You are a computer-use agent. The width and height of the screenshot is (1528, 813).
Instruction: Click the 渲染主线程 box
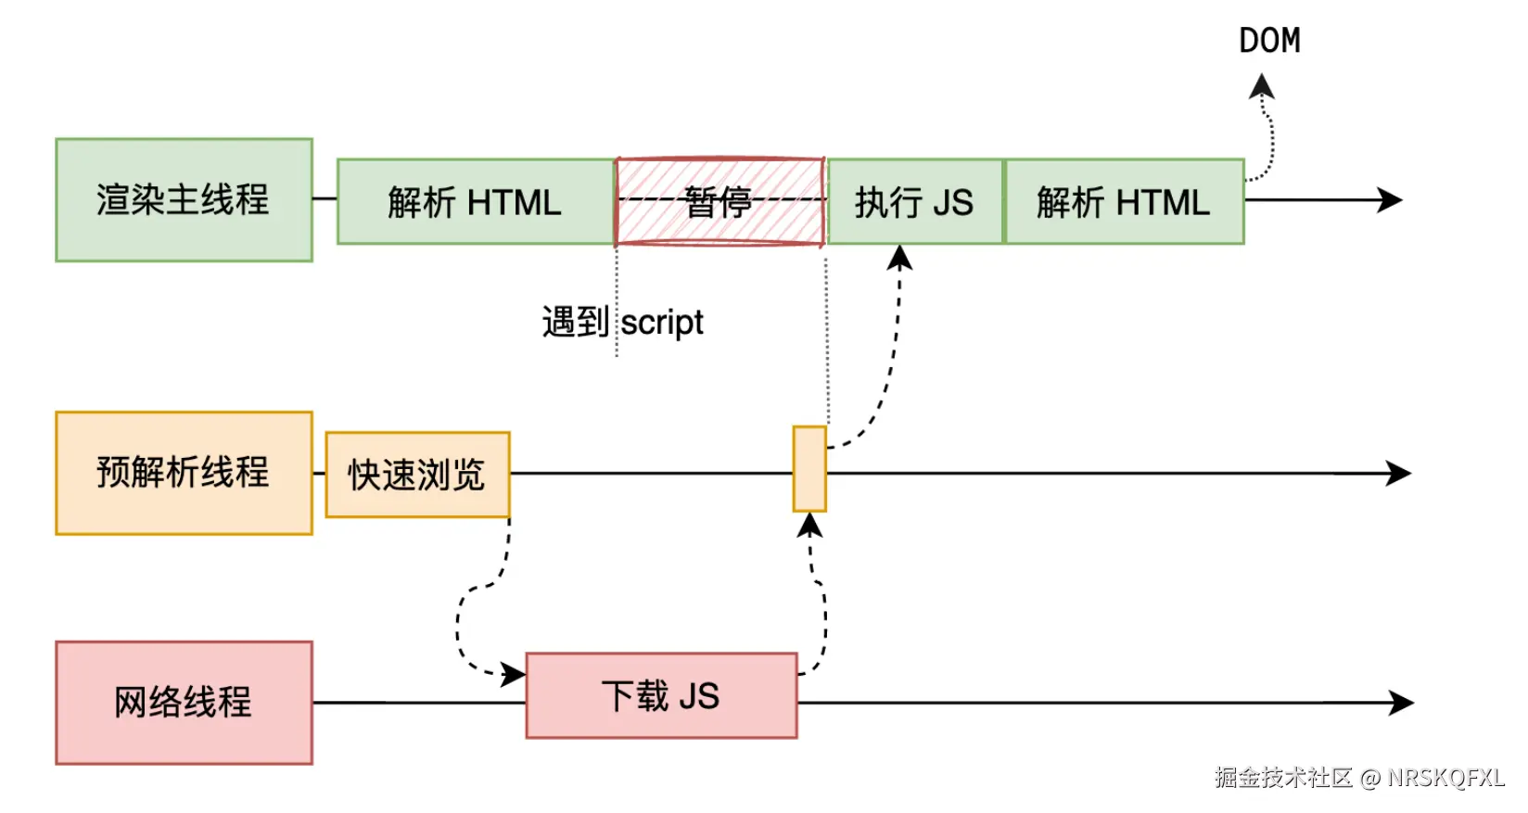click(184, 200)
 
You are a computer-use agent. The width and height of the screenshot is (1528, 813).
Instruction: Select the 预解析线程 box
click(184, 473)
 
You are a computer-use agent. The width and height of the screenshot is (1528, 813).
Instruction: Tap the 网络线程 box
click(184, 702)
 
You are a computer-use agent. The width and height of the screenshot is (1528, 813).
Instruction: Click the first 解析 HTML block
click(475, 202)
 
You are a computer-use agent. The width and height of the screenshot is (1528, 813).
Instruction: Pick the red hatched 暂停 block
click(719, 202)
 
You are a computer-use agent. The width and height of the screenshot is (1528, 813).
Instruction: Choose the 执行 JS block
click(914, 202)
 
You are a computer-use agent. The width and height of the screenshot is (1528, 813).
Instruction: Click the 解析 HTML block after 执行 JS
click(1123, 202)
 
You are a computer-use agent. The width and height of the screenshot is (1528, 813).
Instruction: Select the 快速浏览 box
click(417, 475)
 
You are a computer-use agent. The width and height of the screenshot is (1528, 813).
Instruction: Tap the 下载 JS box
click(661, 695)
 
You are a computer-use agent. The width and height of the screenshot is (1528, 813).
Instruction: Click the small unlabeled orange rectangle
click(809, 468)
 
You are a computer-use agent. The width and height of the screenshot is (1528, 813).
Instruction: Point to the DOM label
click(1269, 41)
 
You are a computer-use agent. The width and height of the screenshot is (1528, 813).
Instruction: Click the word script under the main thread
click(662, 323)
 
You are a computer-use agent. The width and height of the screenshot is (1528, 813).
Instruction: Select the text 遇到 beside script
click(575, 323)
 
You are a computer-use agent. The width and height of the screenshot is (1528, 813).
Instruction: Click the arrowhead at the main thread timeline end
click(1390, 199)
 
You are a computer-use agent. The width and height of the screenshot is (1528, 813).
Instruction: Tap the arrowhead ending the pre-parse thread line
click(1398, 473)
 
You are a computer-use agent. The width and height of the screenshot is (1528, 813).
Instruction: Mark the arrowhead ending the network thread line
click(1400, 703)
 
